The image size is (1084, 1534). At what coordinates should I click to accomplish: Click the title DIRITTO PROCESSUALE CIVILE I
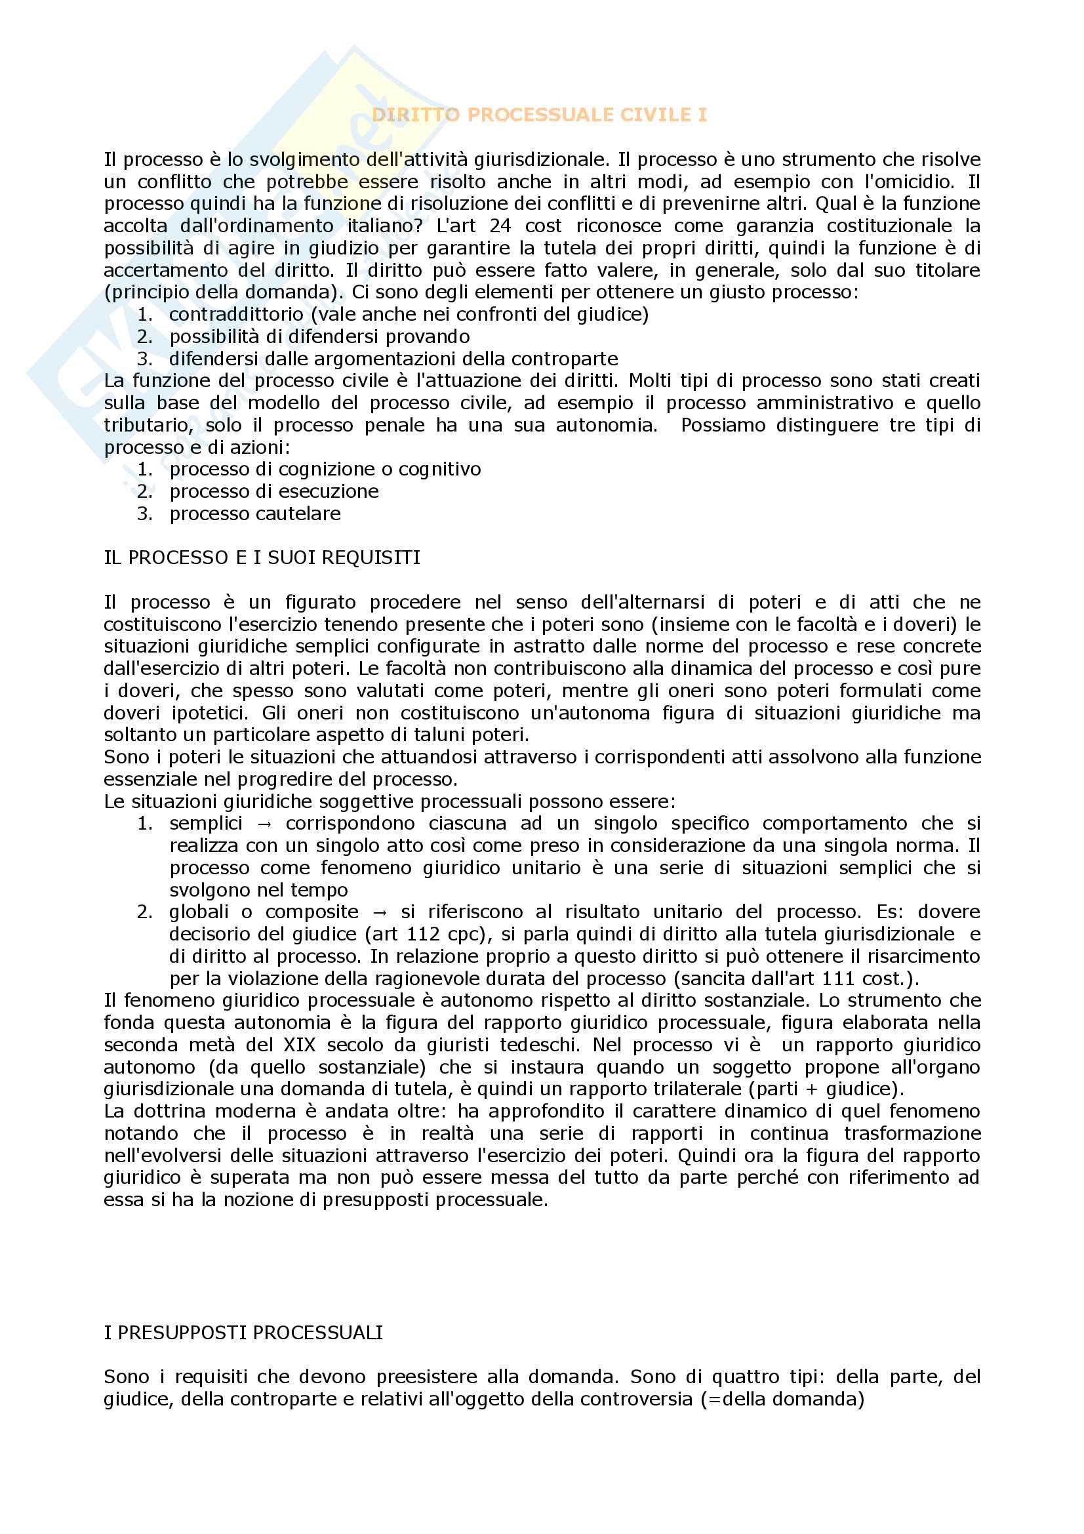(539, 115)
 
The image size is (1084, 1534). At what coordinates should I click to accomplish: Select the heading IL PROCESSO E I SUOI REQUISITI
(262, 557)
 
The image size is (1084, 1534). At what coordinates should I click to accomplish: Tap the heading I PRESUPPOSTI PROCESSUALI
(243, 1332)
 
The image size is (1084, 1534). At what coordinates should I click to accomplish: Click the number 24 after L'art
(500, 226)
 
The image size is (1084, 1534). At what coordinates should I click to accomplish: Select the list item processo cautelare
(254, 513)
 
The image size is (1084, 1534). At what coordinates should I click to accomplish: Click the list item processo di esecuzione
(274, 491)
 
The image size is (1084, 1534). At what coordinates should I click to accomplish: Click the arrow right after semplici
(264, 824)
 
